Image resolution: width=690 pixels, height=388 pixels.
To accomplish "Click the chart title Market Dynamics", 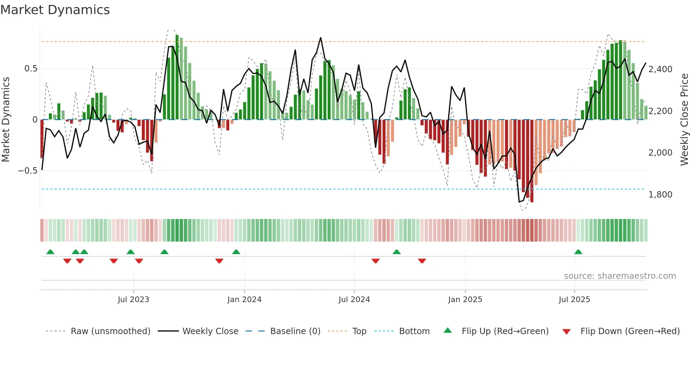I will (55, 10).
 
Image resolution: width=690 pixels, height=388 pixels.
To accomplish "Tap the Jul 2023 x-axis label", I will (133, 300).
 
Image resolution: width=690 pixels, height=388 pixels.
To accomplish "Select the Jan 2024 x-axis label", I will (244, 300).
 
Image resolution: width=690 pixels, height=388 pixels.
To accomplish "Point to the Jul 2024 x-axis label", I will (354, 300).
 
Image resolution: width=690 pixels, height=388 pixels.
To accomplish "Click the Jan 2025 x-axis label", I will (465, 300).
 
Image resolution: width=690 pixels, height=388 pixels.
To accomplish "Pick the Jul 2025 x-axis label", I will (574, 300).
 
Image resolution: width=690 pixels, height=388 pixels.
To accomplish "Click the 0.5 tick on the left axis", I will (31, 69).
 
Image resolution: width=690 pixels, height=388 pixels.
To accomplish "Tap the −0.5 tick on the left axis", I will (28, 171).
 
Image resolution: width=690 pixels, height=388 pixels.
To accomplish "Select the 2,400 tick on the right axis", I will (660, 69).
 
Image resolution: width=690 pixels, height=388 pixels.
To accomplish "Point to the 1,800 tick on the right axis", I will (660, 195).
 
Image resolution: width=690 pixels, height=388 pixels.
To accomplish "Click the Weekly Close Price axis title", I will (684, 120).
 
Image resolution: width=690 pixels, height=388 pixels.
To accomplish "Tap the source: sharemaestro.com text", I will (620, 276).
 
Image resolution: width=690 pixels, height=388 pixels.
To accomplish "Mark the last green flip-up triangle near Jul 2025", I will (578, 252).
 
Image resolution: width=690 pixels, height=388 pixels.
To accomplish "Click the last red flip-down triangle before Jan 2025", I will (422, 261).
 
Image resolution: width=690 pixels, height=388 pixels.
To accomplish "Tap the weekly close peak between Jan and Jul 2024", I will (320, 38).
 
